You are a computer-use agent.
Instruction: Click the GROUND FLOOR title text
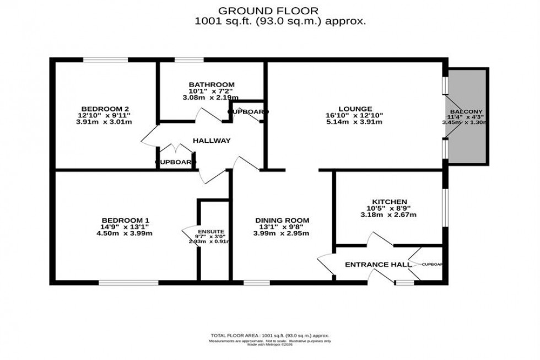point(268,10)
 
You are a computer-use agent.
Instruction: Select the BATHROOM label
point(208,84)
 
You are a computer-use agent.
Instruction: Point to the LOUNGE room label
point(355,109)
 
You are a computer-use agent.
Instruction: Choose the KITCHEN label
point(389,202)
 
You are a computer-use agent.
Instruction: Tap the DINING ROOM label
point(282,220)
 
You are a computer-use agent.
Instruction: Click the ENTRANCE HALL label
point(377,265)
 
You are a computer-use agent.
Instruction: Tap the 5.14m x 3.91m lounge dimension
point(355,122)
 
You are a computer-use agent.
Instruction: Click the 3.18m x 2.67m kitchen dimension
point(389,216)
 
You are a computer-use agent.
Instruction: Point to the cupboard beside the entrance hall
point(431,265)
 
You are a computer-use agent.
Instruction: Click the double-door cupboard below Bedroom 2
point(175,162)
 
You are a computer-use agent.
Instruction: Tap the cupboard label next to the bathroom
point(248,112)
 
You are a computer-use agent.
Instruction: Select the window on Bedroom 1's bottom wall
point(128,283)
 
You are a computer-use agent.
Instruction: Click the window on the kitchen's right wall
point(446,207)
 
